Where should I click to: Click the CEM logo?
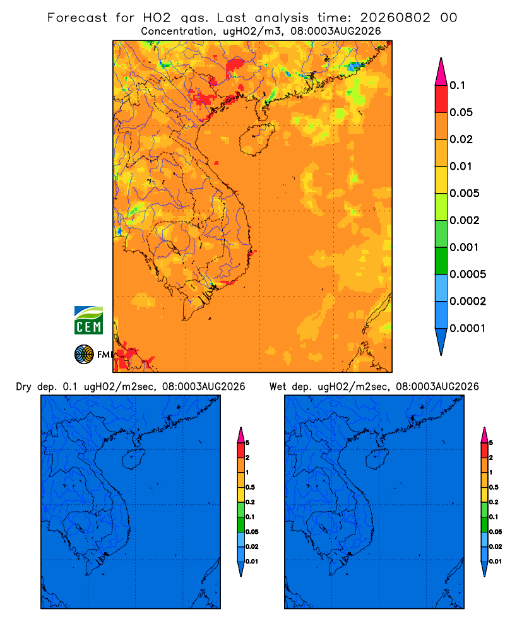(88, 321)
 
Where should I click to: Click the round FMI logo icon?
(84, 354)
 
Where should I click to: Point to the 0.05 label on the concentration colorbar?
(461, 112)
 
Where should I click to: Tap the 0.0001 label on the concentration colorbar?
(467, 328)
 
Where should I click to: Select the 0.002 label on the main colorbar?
(465, 220)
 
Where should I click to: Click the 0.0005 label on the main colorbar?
(468, 274)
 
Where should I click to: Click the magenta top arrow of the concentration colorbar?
(441, 71)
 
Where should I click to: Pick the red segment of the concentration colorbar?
(441, 99)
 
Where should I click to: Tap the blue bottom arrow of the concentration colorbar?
(441, 341)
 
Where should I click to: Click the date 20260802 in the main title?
(395, 18)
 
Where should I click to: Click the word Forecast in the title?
(77, 18)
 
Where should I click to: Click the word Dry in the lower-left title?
(23, 387)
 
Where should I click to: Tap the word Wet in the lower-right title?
(278, 387)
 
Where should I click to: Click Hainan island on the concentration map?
(256, 139)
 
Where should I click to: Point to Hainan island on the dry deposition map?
(134, 459)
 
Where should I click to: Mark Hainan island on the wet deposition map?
(377, 459)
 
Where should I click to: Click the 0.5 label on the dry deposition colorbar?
(250, 487)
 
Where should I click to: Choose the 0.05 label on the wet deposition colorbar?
(496, 532)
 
